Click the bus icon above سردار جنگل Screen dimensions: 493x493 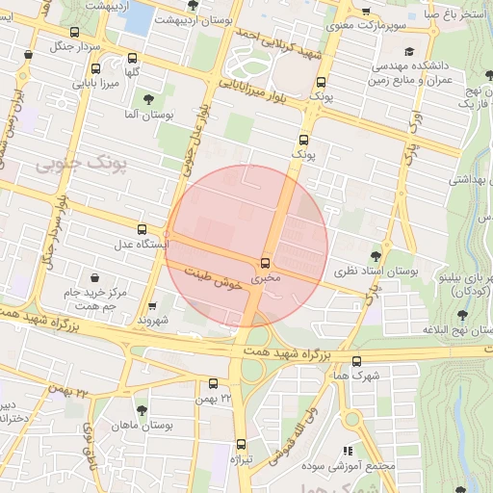coord(28,56)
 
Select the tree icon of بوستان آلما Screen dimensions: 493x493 coord(148,98)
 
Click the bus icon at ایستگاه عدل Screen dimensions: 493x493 coord(143,229)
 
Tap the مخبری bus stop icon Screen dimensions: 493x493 coord(265,262)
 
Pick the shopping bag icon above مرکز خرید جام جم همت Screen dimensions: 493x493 coord(94,277)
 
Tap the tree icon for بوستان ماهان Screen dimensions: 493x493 coord(143,410)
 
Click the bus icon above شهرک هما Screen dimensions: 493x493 coord(357,362)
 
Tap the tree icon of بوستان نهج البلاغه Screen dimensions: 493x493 coord(463,314)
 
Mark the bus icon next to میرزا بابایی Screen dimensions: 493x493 coord(94,68)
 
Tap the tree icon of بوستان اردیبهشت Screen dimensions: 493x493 coord(194,5)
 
